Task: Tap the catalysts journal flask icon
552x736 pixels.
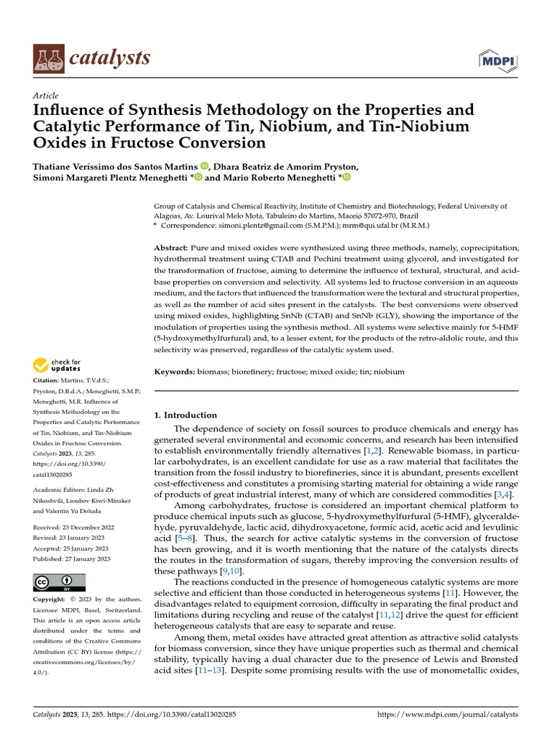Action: (x=48, y=58)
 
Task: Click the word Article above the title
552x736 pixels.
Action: (x=46, y=96)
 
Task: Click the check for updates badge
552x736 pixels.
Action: (x=57, y=365)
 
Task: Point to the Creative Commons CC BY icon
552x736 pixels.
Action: (x=60, y=582)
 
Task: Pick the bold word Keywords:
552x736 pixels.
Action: (x=175, y=372)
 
